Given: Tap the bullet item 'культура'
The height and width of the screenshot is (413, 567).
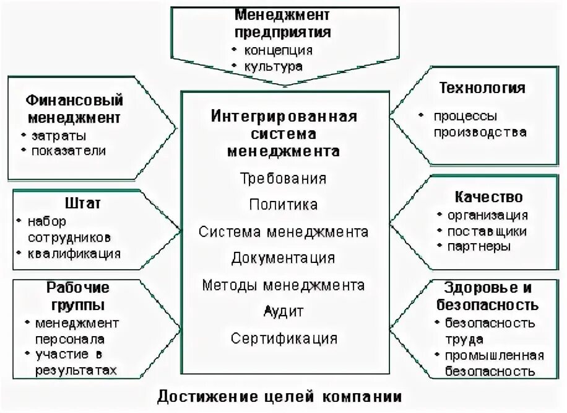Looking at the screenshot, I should (x=273, y=66).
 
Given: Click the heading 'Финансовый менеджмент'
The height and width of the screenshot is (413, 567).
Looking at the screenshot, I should (x=74, y=109).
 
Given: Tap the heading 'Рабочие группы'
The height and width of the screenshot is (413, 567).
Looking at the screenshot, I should (x=78, y=296).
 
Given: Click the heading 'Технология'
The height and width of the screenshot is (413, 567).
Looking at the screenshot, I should (x=482, y=87).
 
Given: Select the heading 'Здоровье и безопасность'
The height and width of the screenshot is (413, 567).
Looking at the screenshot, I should (x=488, y=296).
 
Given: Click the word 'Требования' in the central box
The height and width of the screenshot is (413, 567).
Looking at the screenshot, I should (x=283, y=179).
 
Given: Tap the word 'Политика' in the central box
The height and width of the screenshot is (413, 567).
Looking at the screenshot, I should (x=283, y=204).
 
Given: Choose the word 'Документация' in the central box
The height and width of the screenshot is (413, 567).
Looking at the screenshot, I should (x=283, y=258).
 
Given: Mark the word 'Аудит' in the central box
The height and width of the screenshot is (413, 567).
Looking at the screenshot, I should (x=283, y=311).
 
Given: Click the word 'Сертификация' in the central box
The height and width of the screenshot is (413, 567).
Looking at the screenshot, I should (x=284, y=339).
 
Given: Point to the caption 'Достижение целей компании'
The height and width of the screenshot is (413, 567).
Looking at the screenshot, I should (x=279, y=396).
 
